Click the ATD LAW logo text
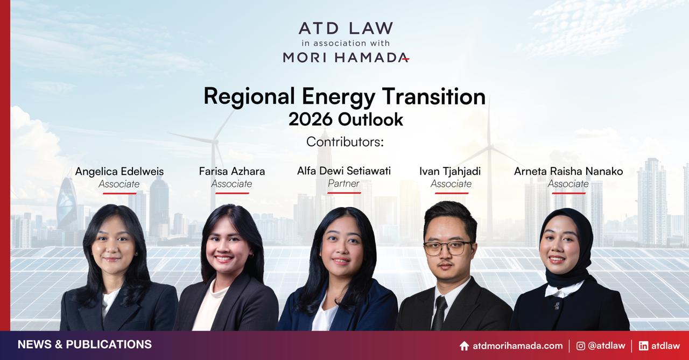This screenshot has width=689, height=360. click(x=346, y=28)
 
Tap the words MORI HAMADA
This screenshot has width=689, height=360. click(x=346, y=57)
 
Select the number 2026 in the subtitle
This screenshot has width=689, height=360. click(x=311, y=119)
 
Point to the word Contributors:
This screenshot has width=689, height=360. click(x=345, y=142)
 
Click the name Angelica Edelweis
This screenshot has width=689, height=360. click(x=119, y=171)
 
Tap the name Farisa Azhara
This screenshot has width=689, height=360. click(x=232, y=171)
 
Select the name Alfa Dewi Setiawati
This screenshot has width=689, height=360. click(x=344, y=171)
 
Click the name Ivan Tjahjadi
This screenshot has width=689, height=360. click(x=450, y=172)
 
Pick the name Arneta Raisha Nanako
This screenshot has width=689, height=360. click(x=568, y=171)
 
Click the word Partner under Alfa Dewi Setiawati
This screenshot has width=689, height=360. click(x=343, y=183)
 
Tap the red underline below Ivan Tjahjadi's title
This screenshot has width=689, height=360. click(x=452, y=193)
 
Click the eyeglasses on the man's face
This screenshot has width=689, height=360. click(x=448, y=248)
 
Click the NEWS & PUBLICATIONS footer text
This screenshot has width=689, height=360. click(x=85, y=344)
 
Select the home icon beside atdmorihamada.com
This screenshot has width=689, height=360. click(x=464, y=346)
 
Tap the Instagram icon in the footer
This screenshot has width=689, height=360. click(x=580, y=346)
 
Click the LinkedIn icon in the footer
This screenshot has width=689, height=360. click(x=643, y=346)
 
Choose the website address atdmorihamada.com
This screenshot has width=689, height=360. click(x=518, y=346)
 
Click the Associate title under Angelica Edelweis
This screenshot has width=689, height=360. click(x=119, y=184)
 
